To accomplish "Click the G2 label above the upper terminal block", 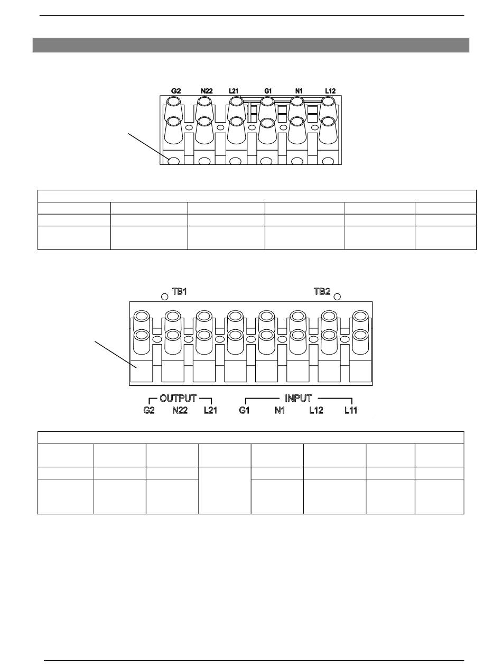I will pos(176,91).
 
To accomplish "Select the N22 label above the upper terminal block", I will pos(207,91).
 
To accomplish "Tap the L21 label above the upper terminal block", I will pos(234,91).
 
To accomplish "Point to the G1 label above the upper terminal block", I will pos(268,91).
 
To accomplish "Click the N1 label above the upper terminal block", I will pos(299,91).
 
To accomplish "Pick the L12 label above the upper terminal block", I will pos(330,91).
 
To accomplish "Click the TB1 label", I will pos(180,292).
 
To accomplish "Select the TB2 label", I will pos(322,292).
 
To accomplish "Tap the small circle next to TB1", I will pos(165,295).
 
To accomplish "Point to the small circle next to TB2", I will pos(338,295).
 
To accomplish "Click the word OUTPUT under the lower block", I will pos(178,398).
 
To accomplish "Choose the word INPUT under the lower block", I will pos(299,398).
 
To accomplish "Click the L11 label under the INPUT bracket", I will pos(351,410).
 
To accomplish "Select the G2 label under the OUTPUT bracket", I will pos(149,410).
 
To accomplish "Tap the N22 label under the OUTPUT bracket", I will pos(180,410).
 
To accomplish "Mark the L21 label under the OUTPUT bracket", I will pos(210,410).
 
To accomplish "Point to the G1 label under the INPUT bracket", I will pos(244,410).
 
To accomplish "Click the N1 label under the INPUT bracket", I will pos(280,410).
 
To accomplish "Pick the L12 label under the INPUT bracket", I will pos(316,410).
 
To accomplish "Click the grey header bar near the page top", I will pos(251,45).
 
